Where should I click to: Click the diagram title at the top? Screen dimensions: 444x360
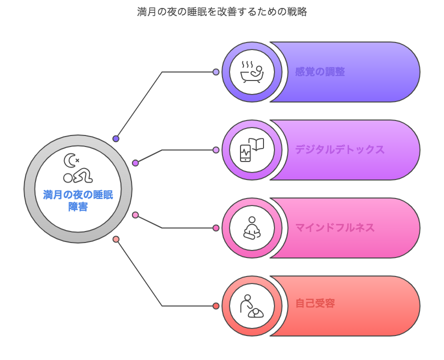pos(222,12)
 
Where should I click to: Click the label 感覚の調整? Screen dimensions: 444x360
pos(320,71)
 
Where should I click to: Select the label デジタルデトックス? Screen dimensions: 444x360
pos(340,149)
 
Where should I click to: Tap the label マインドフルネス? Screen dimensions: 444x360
pos(335,227)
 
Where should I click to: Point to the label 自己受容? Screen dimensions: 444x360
pos(315,303)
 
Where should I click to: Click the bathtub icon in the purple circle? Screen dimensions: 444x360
pos(252,71)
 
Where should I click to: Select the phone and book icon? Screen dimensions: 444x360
pos(251,150)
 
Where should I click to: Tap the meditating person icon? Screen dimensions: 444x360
pos(251,228)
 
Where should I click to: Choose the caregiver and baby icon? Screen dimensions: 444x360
pos(251,306)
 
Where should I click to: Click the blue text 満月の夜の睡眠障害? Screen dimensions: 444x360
pos(78,200)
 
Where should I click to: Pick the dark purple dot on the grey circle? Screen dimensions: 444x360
pos(116,138)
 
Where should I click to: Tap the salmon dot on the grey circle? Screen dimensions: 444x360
pos(116,239)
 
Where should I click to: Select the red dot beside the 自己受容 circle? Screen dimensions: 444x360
pos(216,306)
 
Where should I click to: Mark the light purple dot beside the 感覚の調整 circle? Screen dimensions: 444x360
pos(216,72)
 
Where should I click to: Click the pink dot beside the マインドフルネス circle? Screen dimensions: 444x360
pos(216,228)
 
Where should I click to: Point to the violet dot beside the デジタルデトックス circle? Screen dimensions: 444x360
pos(216,150)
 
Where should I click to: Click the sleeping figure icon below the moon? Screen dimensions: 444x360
pos(78,176)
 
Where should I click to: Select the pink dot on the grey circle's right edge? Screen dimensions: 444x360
pos(135,215)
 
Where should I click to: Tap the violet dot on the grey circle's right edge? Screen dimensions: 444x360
pos(135,163)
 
